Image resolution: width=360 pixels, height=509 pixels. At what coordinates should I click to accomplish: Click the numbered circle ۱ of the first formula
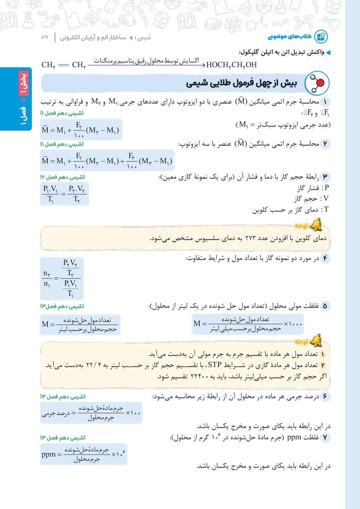pyautogui.click(x=326, y=102)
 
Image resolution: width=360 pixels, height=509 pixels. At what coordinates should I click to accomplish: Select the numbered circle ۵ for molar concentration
pyautogui.click(x=326, y=306)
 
